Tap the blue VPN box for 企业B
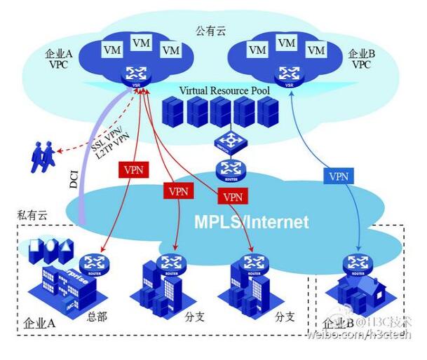point(338,176)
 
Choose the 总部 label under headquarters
point(98,316)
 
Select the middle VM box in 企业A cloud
point(142,43)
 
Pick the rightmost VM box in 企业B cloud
point(316,50)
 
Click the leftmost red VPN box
point(133,170)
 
